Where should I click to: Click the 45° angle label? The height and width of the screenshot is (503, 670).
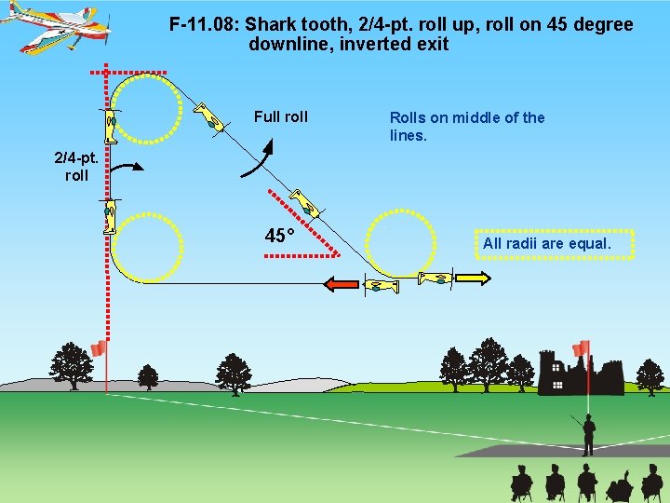[279, 236]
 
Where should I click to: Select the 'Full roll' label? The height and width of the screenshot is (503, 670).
[280, 117]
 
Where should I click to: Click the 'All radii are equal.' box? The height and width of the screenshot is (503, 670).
[546, 244]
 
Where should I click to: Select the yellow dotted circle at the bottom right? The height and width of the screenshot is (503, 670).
[400, 243]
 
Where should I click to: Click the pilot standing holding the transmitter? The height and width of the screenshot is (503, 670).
[587, 434]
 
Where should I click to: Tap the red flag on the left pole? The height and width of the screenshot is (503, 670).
[98, 348]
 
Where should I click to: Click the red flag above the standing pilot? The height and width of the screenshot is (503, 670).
[581, 348]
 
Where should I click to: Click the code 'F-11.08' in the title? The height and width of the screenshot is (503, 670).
[204, 25]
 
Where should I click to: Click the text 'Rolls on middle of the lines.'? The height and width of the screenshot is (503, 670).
[466, 127]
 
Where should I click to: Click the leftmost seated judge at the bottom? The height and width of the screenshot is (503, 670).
[521, 483]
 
